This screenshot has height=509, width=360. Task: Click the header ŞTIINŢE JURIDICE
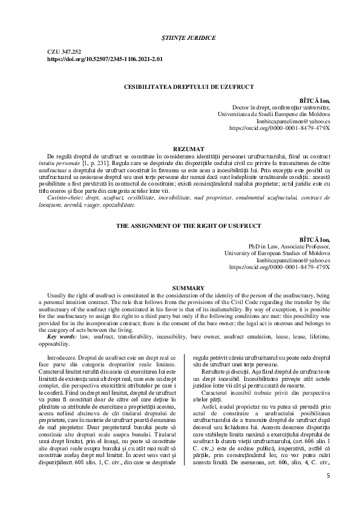(180, 37)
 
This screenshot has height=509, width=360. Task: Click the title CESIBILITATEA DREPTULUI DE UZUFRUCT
(180, 87)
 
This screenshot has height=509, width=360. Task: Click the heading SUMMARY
(180, 287)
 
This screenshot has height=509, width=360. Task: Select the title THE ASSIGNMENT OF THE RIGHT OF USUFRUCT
(180, 226)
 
